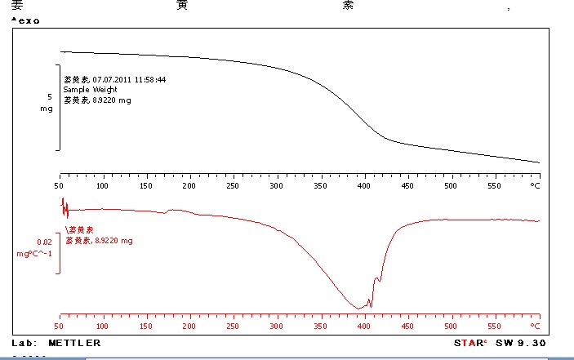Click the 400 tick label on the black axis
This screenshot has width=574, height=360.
tap(364, 186)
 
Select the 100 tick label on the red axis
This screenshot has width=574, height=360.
tap(103, 326)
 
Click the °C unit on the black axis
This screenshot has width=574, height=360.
tap(536, 186)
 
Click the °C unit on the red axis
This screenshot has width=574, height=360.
tap(536, 326)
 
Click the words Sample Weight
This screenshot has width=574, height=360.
tap(91, 90)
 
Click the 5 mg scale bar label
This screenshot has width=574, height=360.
tap(47, 102)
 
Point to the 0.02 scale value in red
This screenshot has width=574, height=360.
tap(45, 242)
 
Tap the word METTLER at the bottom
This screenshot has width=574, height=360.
tap(74, 343)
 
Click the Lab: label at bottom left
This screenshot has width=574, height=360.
tap(24, 343)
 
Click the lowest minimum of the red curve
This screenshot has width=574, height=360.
tap(358, 308)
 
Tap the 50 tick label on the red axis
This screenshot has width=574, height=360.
tap(60, 326)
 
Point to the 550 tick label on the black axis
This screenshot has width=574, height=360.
tap(495, 186)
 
